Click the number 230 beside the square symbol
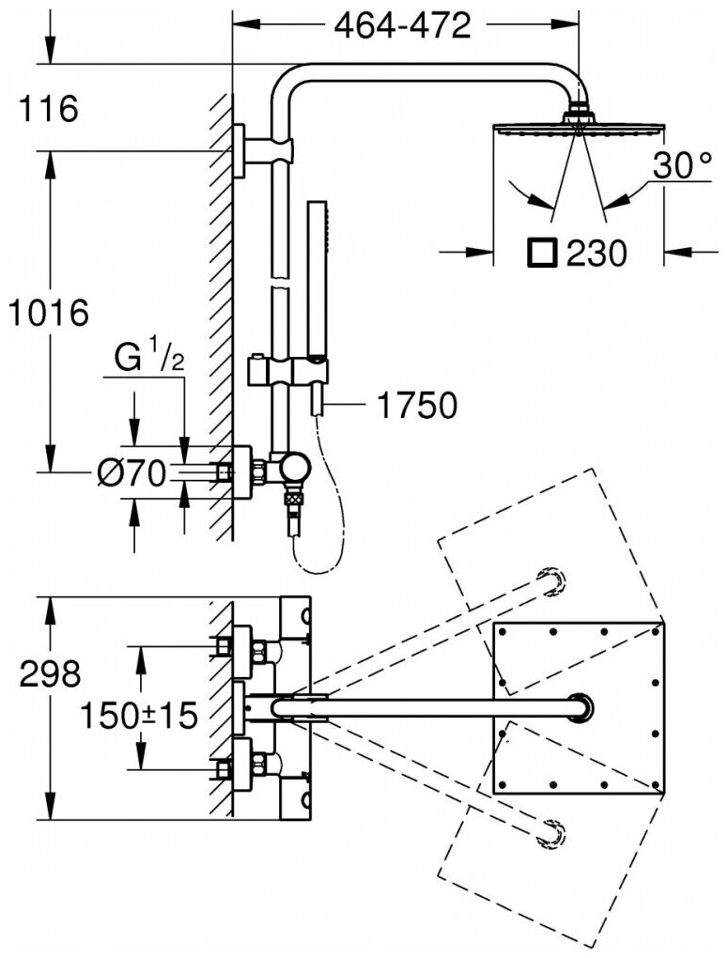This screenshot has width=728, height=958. (x=596, y=253)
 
